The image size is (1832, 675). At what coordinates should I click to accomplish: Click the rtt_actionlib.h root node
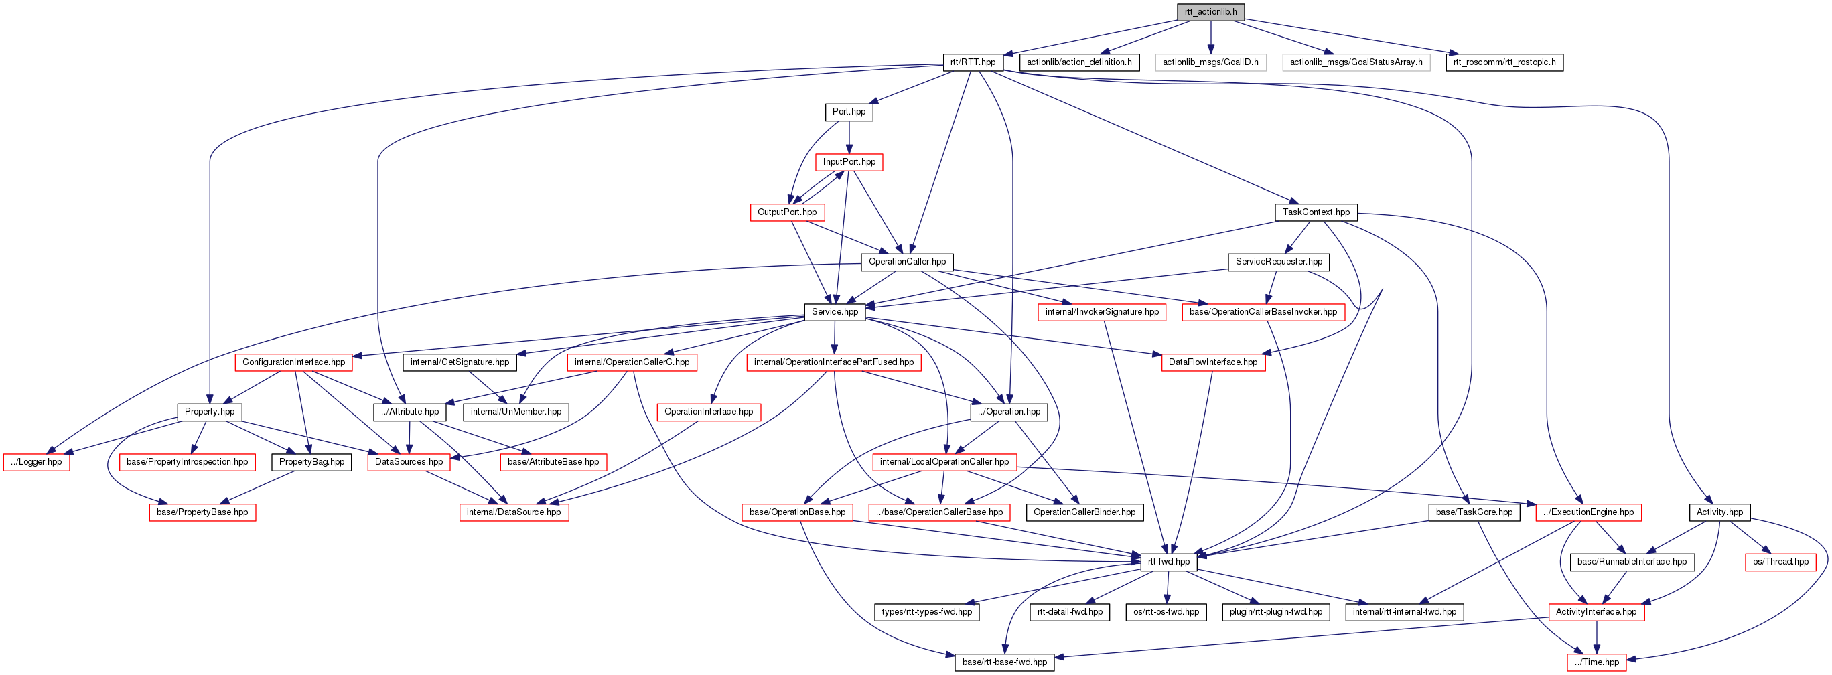[1210, 12]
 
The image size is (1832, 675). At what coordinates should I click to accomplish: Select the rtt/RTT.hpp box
[973, 62]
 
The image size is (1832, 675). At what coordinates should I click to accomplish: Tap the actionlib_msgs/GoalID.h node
[1210, 62]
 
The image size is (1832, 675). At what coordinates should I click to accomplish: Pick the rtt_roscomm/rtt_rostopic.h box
[1504, 62]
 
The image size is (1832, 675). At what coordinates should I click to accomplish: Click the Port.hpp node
[849, 112]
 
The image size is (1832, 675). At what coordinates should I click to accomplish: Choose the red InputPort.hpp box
[849, 162]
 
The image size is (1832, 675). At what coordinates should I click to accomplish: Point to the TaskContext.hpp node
[1316, 212]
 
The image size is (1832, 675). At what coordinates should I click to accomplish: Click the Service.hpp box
[835, 311]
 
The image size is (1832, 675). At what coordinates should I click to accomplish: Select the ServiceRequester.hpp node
[1279, 262]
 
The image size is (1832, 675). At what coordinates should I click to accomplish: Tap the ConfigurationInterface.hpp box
[293, 362]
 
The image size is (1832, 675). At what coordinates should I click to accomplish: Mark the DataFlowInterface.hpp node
[1212, 362]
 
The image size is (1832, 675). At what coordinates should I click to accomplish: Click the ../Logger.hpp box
[36, 462]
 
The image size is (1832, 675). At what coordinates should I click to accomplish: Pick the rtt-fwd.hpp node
[1168, 562]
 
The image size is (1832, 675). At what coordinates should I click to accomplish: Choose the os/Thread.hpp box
[1780, 562]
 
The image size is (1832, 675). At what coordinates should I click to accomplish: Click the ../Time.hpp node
[1597, 662]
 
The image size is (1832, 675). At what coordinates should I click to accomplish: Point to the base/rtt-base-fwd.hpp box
[1004, 662]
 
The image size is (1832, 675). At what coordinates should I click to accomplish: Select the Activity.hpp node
[1719, 512]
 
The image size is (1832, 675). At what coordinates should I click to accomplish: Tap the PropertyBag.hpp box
[311, 462]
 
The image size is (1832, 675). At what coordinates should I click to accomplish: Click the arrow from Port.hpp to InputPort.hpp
[849, 137]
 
